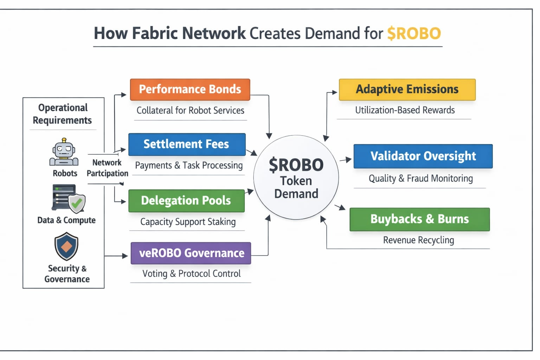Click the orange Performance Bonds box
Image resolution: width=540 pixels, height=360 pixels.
tap(190, 90)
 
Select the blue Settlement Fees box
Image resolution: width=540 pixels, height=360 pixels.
tap(187, 144)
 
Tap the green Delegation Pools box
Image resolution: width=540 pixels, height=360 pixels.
tap(186, 201)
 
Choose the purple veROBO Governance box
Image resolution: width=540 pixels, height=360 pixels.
tap(191, 253)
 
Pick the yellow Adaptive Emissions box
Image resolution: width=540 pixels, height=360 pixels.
tap(407, 90)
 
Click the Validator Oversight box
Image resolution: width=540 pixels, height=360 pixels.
tap(423, 156)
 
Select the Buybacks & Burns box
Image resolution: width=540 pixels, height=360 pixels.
tap(419, 219)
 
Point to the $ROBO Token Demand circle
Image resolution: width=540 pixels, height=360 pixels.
tap(296, 178)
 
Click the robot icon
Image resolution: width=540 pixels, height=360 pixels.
tap(64, 152)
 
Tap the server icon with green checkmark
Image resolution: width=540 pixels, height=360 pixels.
tap(69, 199)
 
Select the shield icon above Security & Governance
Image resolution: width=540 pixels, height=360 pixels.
tap(66, 246)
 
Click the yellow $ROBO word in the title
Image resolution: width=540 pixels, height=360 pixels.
tap(414, 34)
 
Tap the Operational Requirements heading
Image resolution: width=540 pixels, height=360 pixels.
tap(63, 114)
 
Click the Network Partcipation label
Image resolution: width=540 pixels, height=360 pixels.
tap(107, 168)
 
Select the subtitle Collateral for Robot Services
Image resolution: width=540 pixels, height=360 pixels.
tap(190, 110)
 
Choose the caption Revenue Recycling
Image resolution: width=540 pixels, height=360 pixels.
tap(418, 240)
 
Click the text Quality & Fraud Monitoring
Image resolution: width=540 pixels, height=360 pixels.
tap(420, 179)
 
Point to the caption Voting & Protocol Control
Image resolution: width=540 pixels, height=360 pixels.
tap(191, 274)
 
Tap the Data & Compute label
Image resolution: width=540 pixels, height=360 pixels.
tap(66, 220)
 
